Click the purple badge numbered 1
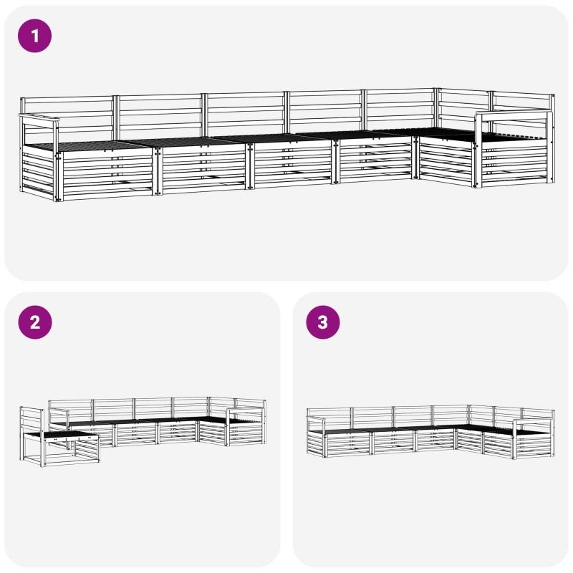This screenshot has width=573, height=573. click(x=34, y=36)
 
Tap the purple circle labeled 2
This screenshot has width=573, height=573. click(x=35, y=322)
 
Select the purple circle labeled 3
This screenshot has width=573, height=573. click(x=323, y=322)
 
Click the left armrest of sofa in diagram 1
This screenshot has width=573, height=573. click(x=39, y=117)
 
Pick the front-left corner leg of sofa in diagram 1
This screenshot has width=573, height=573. click(x=58, y=176)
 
